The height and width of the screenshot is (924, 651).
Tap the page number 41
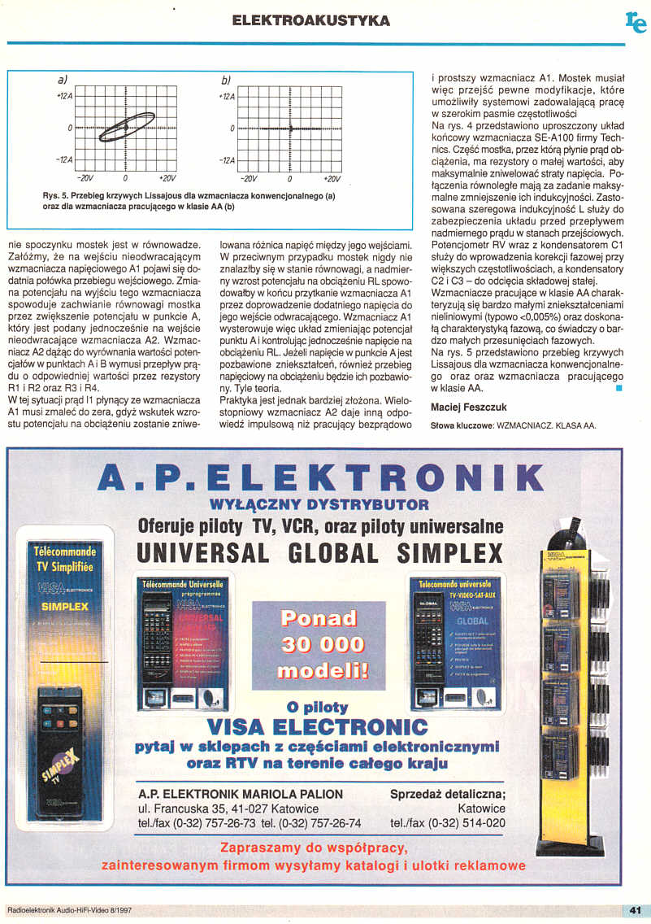[636, 909]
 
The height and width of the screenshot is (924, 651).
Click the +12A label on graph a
[63, 96]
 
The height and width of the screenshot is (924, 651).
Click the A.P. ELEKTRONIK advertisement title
[320, 477]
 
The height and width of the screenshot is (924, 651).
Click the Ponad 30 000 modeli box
[319, 646]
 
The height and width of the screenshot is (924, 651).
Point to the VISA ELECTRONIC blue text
[318, 725]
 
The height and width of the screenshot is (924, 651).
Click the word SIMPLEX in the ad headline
[450, 553]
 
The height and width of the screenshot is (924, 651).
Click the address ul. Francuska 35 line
[228, 808]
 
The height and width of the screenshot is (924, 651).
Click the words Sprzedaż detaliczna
[448, 794]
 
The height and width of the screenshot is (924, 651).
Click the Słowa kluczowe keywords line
[512, 425]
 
